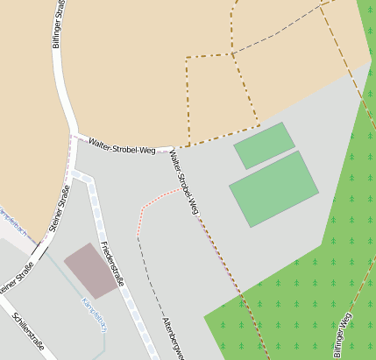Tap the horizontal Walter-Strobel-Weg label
122,145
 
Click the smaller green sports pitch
264,145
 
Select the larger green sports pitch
273,188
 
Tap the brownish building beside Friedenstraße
92,269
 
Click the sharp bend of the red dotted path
140,210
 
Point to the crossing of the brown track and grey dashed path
232,54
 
